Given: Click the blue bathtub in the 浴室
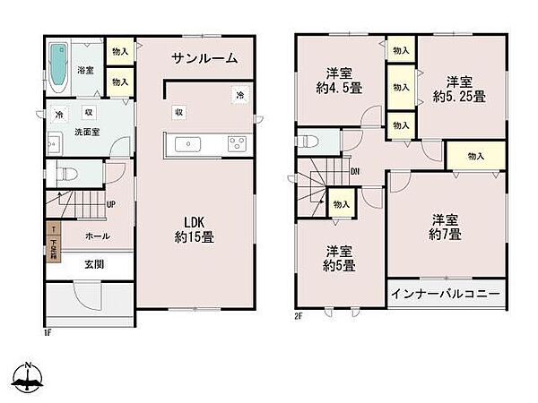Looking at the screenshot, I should coord(56,68).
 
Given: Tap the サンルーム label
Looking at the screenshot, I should coord(206,59).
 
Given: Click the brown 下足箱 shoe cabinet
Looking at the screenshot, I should coord(53,241).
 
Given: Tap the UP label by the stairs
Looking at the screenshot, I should coord(110,204).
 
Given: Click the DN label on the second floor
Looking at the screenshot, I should coord(355,172).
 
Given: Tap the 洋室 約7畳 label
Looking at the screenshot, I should coord(445,227).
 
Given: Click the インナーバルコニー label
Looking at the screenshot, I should coord(446,293).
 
